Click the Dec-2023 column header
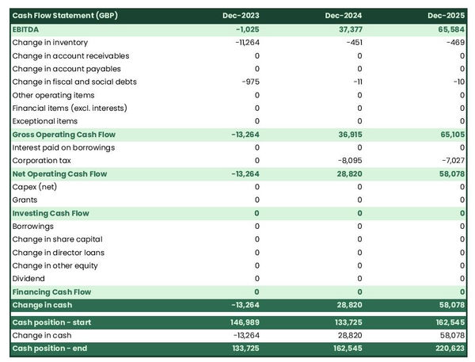[x=241, y=16]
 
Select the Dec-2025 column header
[x=446, y=16]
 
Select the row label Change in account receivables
[x=70, y=55]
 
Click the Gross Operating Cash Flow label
[x=64, y=135]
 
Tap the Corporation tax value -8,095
[x=348, y=161]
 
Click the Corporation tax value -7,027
[x=452, y=161]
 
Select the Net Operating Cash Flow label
[x=59, y=173]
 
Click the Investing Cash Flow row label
[x=51, y=213]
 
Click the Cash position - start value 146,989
[x=242, y=322]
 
